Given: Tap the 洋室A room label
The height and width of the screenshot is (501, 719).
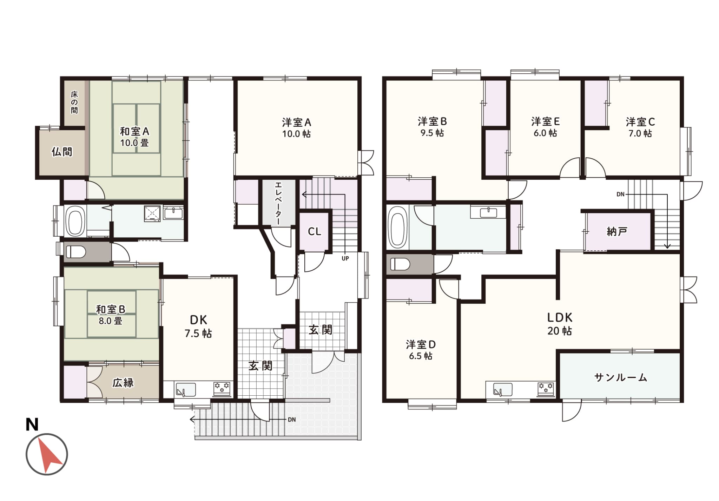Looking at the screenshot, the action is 297,123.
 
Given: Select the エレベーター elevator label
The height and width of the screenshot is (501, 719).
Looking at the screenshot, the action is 278,203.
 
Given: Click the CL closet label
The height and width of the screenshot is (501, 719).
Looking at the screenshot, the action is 314,232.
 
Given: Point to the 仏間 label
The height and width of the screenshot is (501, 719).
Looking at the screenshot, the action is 62,152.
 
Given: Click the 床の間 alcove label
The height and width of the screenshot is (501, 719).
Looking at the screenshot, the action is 74,102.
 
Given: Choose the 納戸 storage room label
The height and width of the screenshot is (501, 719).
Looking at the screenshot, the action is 617,231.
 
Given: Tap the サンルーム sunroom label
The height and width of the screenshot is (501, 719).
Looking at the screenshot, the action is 620,377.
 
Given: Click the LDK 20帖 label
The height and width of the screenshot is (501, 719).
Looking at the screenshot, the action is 560,324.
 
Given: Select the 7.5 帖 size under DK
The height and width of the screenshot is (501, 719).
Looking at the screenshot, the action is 198,333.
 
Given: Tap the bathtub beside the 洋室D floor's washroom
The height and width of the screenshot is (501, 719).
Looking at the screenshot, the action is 397,225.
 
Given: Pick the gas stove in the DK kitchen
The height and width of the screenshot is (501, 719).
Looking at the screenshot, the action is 222,389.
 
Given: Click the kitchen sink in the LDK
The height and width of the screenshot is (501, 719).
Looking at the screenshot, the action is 502,389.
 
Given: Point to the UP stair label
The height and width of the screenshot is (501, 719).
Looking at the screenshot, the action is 345,258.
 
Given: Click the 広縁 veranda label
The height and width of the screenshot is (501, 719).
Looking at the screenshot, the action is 123,383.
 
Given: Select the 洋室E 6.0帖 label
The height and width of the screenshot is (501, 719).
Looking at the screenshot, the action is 545,127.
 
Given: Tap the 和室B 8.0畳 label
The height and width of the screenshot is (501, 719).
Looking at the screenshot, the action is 111,315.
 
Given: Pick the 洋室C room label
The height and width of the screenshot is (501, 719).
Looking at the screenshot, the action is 640,122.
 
